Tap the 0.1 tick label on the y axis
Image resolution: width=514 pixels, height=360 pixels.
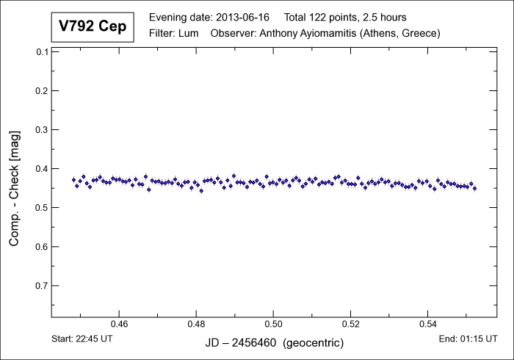[x=41, y=52]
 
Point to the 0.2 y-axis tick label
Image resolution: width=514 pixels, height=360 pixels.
[x=41, y=91]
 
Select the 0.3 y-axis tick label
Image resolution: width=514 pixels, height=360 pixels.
[x=41, y=130]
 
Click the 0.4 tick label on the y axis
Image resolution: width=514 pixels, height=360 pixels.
[x=41, y=169]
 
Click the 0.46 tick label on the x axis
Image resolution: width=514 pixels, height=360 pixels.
[x=119, y=323]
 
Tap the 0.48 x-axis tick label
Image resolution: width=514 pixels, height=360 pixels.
[x=196, y=323]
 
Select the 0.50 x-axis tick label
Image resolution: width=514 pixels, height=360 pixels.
[x=273, y=323]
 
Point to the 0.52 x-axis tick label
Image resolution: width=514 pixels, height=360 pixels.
[x=351, y=323]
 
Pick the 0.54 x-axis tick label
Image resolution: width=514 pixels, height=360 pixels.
[x=428, y=323]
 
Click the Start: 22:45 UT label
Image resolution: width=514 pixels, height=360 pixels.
[x=83, y=339]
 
